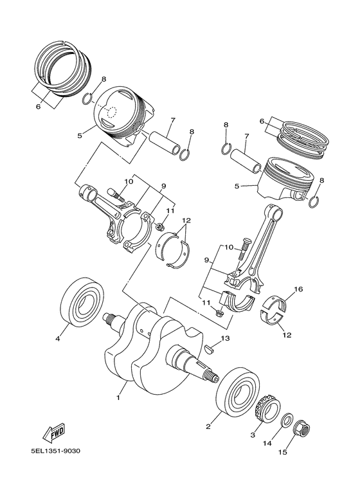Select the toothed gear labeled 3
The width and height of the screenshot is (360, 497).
pyautogui.click(x=265, y=410)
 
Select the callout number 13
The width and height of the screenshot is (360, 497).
pyautogui.click(x=225, y=338)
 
